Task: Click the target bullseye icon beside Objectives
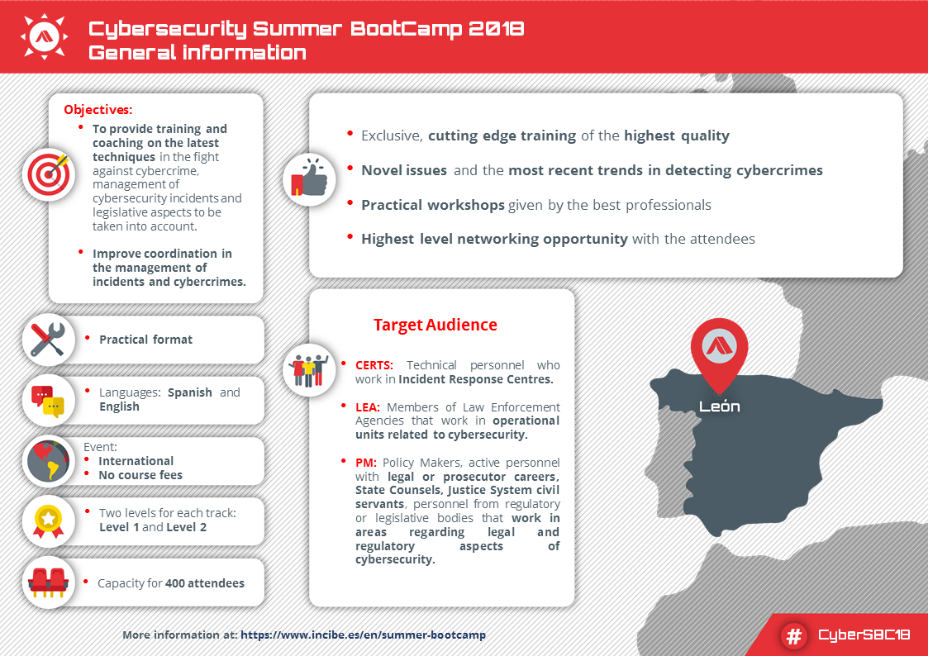pyautogui.click(x=49, y=174)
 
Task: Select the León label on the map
pyautogui.click(x=719, y=406)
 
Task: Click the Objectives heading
pyautogui.click(x=98, y=109)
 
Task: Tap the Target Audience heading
pyautogui.click(x=435, y=325)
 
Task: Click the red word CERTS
pyautogui.click(x=374, y=365)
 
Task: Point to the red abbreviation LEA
pyautogui.click(x=368, y=406)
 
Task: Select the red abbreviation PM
pyautogui.click(x=365, y=462)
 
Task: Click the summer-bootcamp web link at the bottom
pyautogui.click(x=364, y=635)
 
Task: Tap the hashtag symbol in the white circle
pyautogui.click(x=793, y=635)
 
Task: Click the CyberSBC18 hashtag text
pyautogui.click(x=864, y=635)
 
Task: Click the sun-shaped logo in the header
pyautogui.click(x=42, y=36)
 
